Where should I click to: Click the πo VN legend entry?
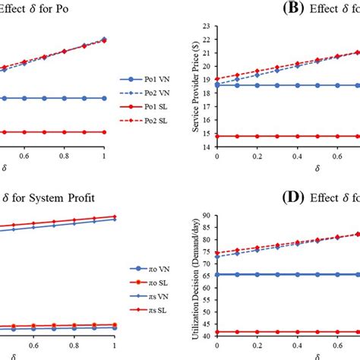click(149, 269)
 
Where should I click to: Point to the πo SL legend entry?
click(149, 283)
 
